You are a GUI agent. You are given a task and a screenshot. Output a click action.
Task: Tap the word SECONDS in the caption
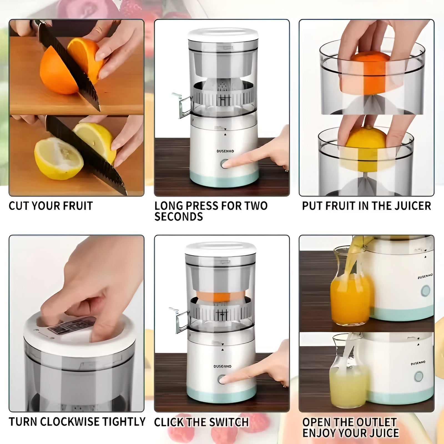click(178, 217)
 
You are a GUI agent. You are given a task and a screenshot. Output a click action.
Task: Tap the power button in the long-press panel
click(224, 164)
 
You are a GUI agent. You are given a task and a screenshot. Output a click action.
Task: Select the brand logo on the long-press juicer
click(225, 151)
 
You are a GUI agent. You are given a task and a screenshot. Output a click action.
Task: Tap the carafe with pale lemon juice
click(348, 386)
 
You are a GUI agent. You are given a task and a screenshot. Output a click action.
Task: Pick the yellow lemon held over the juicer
click(366, 147)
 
